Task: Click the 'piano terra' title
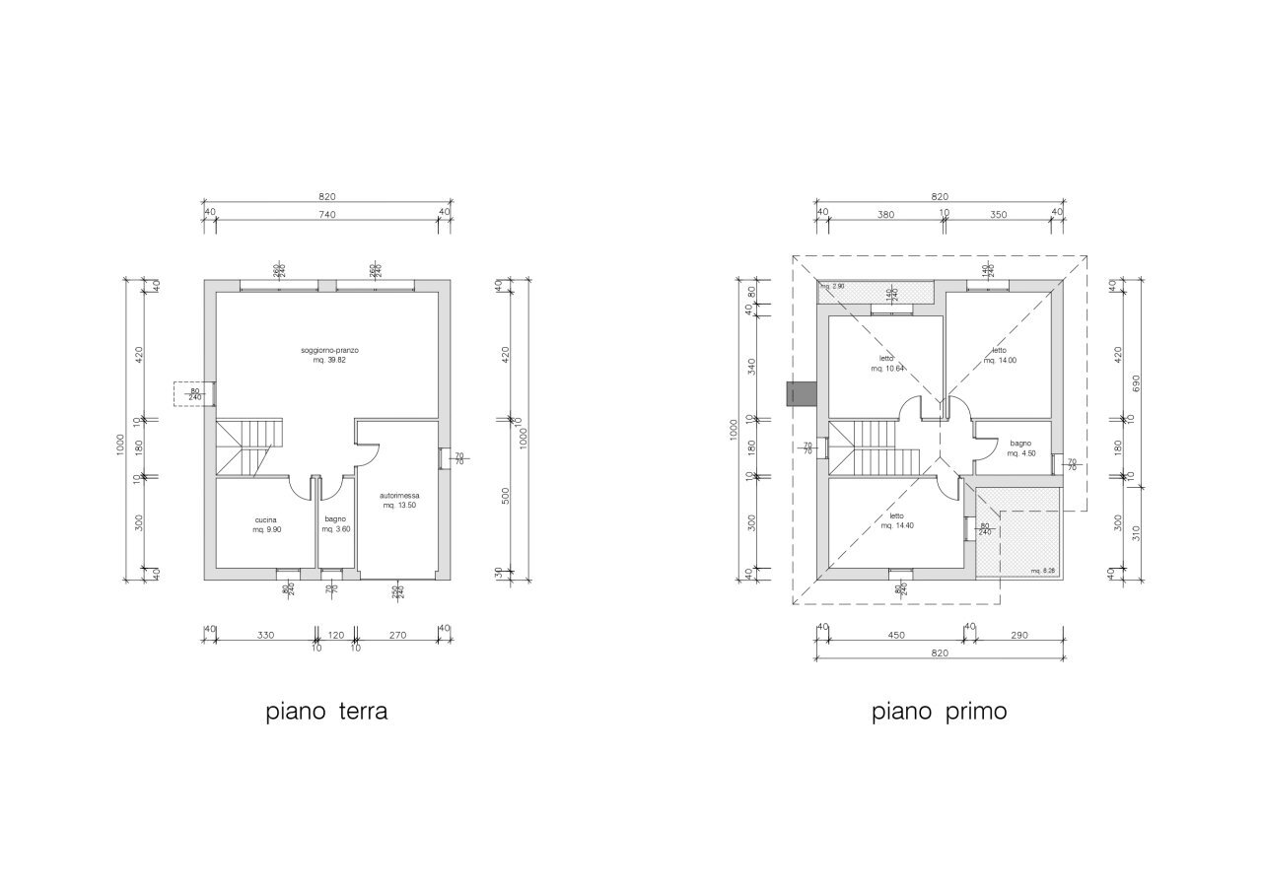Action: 326,712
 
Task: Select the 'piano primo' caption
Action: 939,712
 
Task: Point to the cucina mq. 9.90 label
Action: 265,524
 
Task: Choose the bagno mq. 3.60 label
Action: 335,524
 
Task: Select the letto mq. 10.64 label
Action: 886,364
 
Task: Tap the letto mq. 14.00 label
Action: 1000,355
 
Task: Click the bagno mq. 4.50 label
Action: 1020,448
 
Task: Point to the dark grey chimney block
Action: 801,394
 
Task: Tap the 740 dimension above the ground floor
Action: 326,213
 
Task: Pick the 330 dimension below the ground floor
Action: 265,636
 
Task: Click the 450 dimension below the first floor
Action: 896,636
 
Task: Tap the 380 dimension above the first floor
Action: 885,213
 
